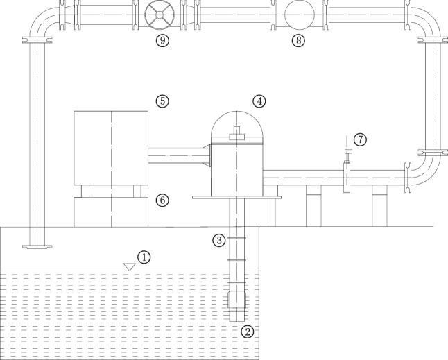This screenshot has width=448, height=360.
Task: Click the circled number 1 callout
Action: [x=144, y=257]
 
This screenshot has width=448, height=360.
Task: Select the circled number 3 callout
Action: [x=219, y=241]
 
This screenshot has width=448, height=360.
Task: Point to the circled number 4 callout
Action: [x=259, y=101]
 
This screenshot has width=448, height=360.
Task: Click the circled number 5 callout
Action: [x=162, y=101]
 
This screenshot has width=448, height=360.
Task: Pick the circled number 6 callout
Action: [x=162, y=200]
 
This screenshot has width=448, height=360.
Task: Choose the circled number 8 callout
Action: [x=298, y=40]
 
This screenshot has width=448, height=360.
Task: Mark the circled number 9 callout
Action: [x=162, y=40]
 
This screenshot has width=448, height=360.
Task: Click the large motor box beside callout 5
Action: [x=112, y=146]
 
